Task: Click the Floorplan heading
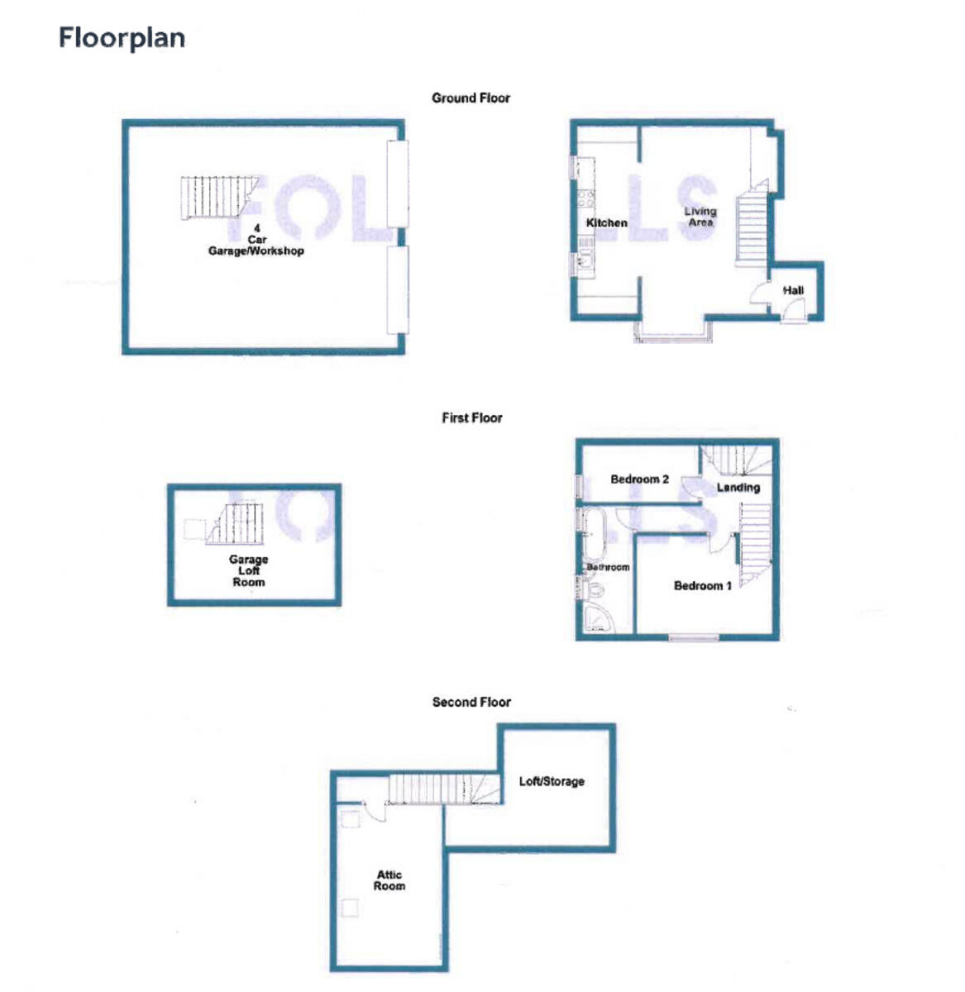click(x=122, y=38)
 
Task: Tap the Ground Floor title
click(x=471, y=98)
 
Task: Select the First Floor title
click(x=471, y=417)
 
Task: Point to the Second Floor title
click(x=471, y=702)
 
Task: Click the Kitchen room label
click(x=606, y=223)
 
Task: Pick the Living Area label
click(x=700, y=217)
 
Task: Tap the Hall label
click(x=793, y=290)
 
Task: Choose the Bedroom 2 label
click(x=639, y=479)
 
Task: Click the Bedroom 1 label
click(x=703, y=585)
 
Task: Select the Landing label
click(x=738, y=488)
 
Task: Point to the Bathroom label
click(x=608, y=567)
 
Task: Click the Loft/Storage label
click(x=552, y=781)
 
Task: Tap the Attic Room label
click(x=389, y=880)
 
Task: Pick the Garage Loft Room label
click(x=248, y=570)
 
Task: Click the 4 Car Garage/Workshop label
click(x=256, y=240)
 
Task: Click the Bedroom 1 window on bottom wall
click(x=694, y=637)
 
